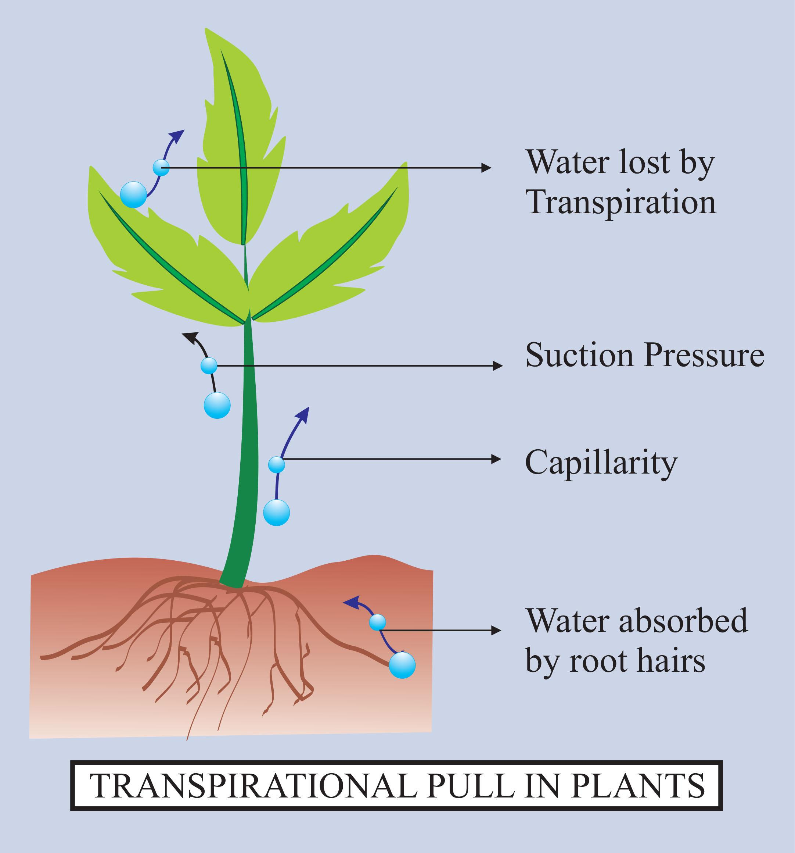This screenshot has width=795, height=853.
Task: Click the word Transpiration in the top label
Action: (621, 203)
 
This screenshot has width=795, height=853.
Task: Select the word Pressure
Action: (704, 355)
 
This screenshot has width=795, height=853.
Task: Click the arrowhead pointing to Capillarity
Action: (496, 459)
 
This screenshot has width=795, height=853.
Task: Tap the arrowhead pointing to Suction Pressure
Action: (497, 365)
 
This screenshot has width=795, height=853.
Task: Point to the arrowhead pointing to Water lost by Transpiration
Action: (486, 167)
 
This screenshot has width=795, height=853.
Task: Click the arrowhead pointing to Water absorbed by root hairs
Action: (496, 630)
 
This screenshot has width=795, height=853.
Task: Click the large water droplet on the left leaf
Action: (134, 194)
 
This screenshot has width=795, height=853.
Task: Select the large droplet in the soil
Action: (402, 665)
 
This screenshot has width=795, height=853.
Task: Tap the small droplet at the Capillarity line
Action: (277, 464)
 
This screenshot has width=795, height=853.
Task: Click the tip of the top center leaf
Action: (206, 30)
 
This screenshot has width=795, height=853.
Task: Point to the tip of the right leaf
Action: (405, 164)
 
